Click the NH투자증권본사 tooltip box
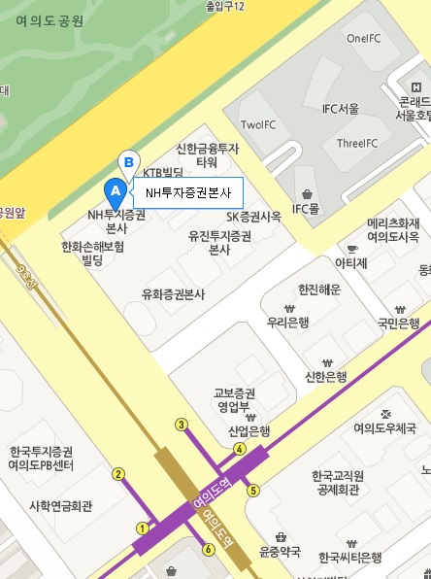(187, 192)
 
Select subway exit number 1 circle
(142, 528)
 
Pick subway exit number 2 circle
(118, 474)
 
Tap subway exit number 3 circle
(181, 424)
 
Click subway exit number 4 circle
(239, 449)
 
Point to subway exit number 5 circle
(253, 491)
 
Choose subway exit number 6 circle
(208, 550)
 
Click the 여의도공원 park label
(50, 20)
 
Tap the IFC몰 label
(306, 208)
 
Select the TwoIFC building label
(259, 124)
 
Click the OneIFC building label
(364, 39)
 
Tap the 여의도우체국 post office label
(385, 427)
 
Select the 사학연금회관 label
(60, 505)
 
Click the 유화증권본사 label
(177, 293)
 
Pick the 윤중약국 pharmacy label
(281, 552)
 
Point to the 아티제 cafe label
(351, 262)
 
